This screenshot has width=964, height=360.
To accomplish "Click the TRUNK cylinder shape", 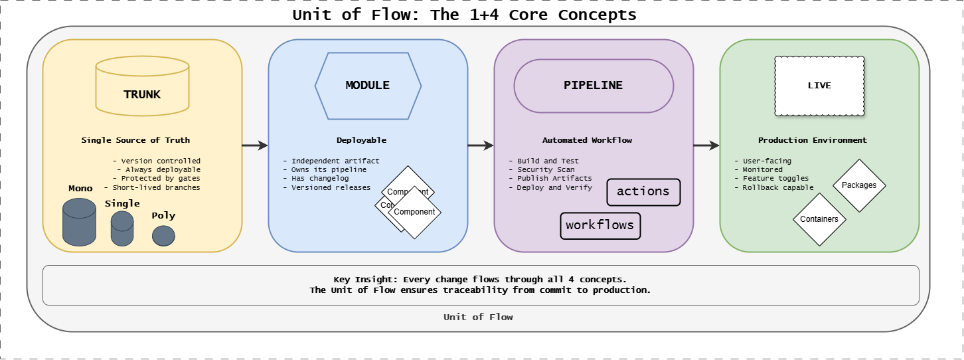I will (x=142, y=86).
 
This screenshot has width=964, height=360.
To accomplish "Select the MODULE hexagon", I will (x=368, y=85).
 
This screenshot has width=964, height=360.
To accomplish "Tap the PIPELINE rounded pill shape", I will (x=594, y=86).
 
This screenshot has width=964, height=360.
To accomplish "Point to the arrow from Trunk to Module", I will (x=255, y=145).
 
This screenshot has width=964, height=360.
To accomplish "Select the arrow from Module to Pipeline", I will (x=481, y=145).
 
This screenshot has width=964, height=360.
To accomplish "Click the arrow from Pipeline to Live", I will (x=706, y=145).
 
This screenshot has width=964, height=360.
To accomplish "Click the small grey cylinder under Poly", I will (x=163, y=236).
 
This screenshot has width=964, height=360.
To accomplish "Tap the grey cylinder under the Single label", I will (x=122, y=229).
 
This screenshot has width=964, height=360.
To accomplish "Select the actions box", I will (x=643, y=192).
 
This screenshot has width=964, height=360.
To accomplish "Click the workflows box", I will (x=600, y=225).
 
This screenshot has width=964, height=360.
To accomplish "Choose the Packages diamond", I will (x=859, y=185).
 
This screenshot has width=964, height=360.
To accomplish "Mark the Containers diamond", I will (x=819, y=219).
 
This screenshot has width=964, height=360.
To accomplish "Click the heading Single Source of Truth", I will (x=135, y=140).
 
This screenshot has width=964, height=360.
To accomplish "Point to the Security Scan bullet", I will (x=546, y=170).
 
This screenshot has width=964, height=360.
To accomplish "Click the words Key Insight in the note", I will (x=359, y=280).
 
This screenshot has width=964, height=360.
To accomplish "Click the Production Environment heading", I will (x=813, y=140).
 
